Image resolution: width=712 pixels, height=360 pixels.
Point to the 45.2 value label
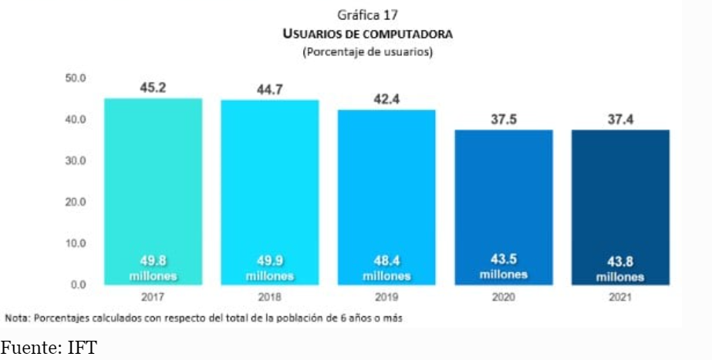pos(153,88)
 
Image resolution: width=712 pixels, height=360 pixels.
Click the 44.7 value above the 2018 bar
pos(269,90)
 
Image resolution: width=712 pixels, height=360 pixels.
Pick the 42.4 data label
pos(386,99)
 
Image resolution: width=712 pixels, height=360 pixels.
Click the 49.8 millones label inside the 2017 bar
pos(153,267)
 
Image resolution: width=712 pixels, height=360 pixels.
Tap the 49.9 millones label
pos(269,267)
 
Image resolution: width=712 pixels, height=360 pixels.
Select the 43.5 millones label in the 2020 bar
pos(503,266)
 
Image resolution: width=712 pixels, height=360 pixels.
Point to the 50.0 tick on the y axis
pos(76,79)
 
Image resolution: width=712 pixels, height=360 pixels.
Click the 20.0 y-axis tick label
pos(76,202)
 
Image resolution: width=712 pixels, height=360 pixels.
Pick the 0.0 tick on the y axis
pos(79,284)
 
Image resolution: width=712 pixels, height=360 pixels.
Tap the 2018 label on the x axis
pos(269,296)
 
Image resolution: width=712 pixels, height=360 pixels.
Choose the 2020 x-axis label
pos(503,296)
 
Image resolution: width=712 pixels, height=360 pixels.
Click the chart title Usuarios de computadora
pos(367,34)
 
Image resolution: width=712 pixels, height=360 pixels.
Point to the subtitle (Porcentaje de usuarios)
pos(367,52)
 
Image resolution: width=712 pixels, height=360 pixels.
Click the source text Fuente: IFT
pos(49,348)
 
